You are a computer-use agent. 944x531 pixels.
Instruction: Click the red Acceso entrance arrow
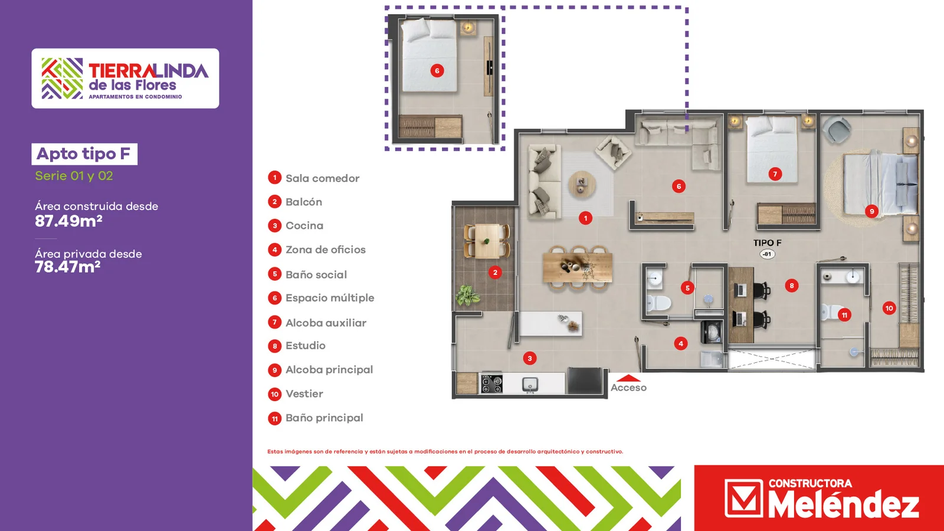[628, 378]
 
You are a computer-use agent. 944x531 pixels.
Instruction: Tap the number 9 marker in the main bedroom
[871, 211]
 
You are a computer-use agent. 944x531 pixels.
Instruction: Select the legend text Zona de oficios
[325, 250]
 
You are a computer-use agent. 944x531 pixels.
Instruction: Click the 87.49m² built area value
[68, 221]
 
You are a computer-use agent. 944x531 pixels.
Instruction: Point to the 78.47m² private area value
[67, 267]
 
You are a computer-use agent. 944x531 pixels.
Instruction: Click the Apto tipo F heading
[83, 154]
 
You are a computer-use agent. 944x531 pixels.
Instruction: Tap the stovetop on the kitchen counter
[491, 383]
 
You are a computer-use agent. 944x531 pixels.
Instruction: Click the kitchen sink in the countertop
[530, 384]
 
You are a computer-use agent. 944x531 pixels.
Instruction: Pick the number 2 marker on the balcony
[495, 273]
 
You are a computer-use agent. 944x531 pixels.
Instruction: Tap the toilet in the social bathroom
[658, 303]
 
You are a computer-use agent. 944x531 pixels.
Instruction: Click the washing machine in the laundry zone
[712, 332]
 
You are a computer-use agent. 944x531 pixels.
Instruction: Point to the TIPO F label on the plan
[768, 242]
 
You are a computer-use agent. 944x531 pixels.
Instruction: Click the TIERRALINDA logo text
[148, 71]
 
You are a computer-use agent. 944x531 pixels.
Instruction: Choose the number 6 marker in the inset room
[437, 71]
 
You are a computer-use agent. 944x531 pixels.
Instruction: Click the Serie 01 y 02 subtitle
[74, 176]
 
